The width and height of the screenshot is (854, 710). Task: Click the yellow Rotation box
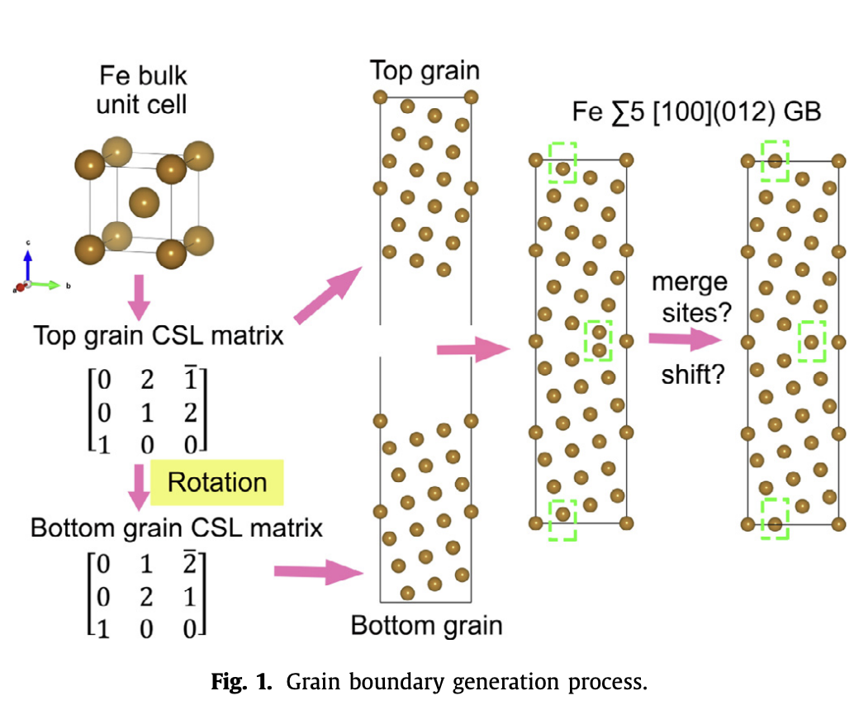(x=218, y=482)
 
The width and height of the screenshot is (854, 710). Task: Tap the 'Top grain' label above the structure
(x=425, y=70)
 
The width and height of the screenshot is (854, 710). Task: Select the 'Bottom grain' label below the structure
(x=426, y=625)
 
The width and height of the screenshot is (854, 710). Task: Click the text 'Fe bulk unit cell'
(x=143, y=91)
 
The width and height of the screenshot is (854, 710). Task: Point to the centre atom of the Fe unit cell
(x=144, y=201)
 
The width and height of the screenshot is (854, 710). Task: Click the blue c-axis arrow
(x=29, y=263)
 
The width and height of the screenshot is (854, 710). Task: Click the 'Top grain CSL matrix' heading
(x=158, y=336)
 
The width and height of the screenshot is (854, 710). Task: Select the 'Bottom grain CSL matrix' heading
(x=177, y=528)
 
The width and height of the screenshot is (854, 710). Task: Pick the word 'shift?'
(x=693, y=376)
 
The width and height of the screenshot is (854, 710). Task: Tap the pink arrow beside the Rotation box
(x=137, y=487)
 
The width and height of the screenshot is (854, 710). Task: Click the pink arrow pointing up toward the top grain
(x=328, y=296)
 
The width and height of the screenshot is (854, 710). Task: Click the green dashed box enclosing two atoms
(x=598, y=341)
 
